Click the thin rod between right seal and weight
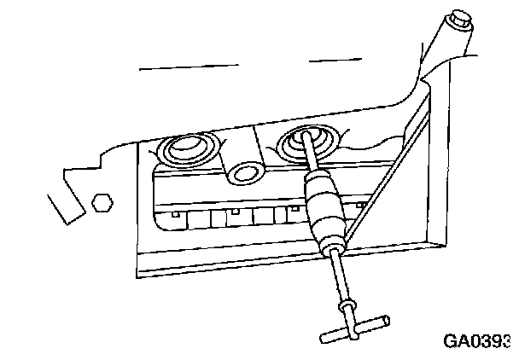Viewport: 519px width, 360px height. (x=312, y=162)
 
